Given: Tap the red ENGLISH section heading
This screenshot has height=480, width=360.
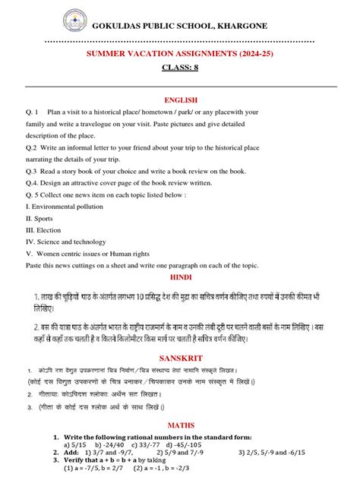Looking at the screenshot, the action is click(x=180, y=99).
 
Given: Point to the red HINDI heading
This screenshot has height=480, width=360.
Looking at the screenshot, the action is click(x=180, y=279).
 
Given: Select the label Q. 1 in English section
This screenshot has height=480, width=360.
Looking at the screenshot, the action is click(x=32, y=112).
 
